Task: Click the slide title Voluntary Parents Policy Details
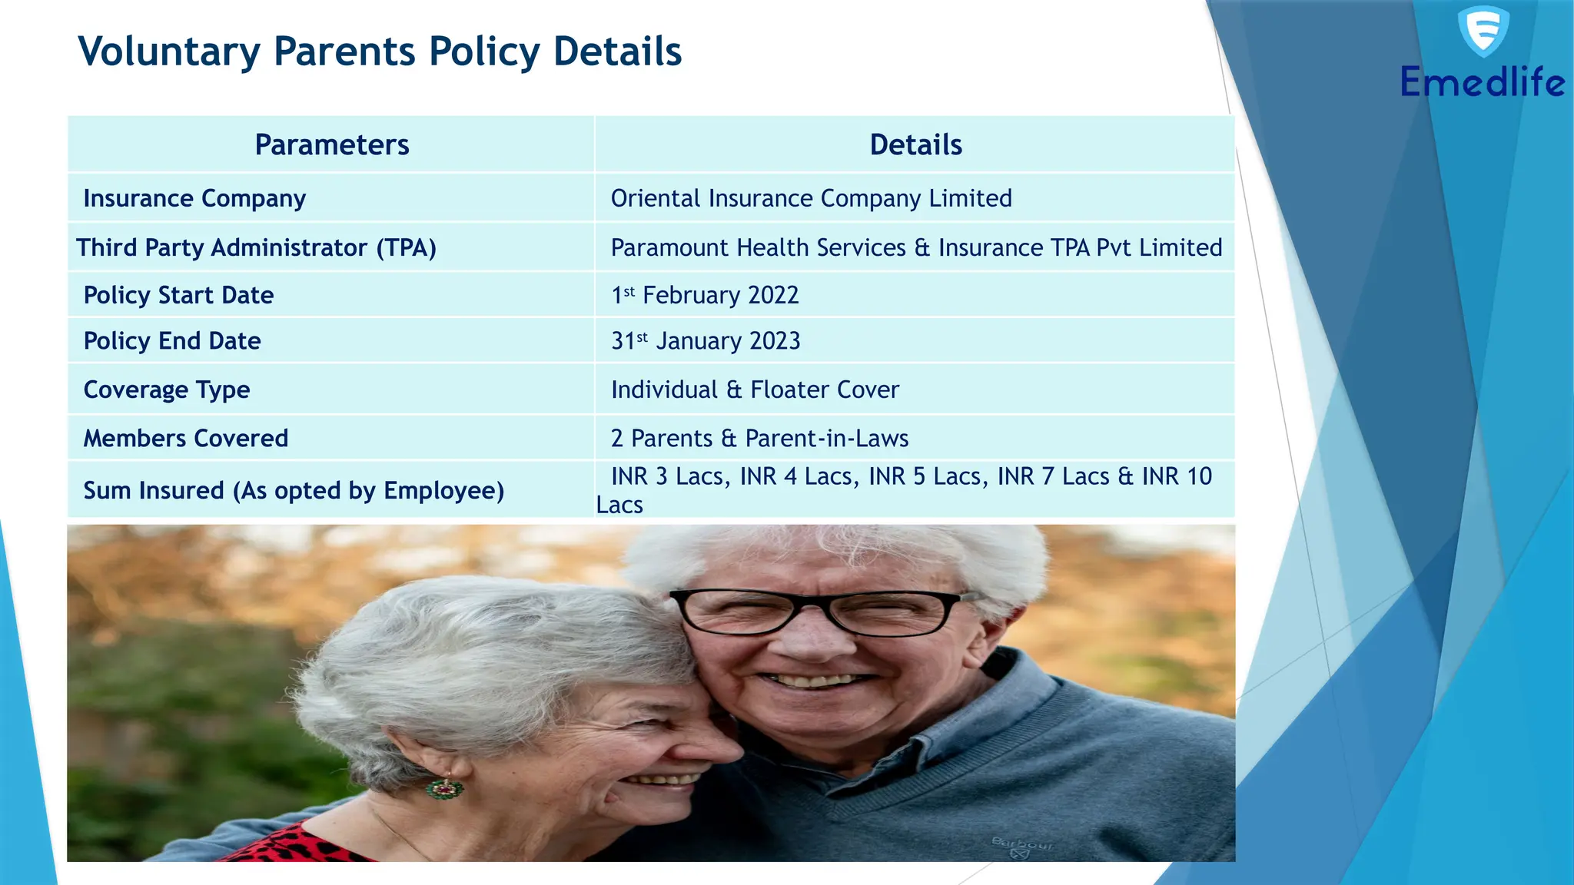coord(380,52)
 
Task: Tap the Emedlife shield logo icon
coord(1483,31)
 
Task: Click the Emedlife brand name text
coord(1482,82)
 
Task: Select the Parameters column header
coord(331,144)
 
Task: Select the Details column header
coord(915,144)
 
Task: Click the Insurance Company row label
coord(194,198)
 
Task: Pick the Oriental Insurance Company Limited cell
coord(811,198)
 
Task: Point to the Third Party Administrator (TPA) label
coord(256,247)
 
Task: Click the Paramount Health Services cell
coord(916,247)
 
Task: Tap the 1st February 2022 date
coord(705,295)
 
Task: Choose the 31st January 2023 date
coord(706,340)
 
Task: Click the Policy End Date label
coord(172,340)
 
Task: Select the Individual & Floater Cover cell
coord(755,389)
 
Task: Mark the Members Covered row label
coord(186,438)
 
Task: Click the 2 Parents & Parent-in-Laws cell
coord(759,438)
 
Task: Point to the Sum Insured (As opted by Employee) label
coord(294,490)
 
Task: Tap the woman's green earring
coord(445,787)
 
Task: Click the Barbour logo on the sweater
coord(1021,846)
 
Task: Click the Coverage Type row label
coord(167,389)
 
